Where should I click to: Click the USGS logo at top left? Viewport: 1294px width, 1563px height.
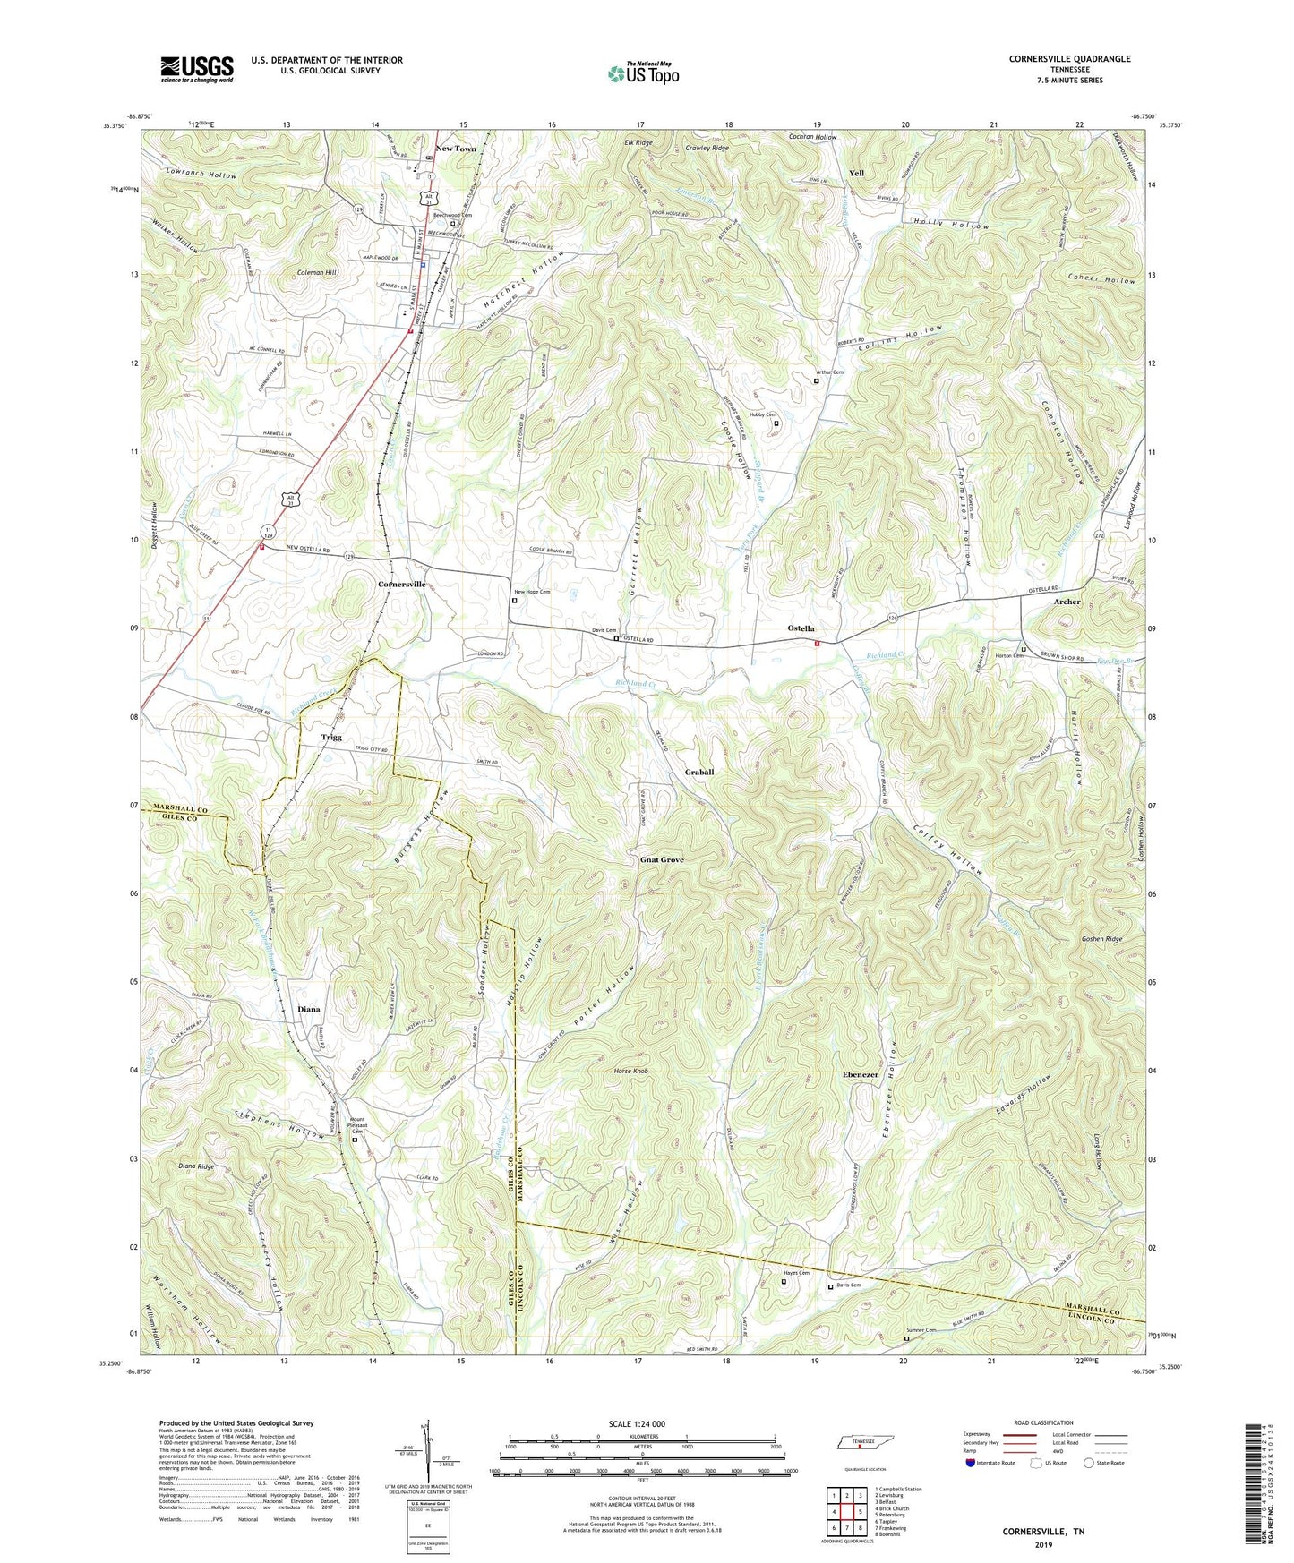point(197,69)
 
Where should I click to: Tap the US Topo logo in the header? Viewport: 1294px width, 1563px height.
point(642,73)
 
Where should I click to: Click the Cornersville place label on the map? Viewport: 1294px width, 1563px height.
point(401,584)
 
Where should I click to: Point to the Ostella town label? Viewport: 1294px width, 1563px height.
point(801,628)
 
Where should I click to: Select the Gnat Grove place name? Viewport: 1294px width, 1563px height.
point(662,859)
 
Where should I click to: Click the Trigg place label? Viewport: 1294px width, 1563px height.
point(331,738)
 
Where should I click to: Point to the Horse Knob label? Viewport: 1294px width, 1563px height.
point(630,1071)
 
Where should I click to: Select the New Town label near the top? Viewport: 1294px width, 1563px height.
point(456,149)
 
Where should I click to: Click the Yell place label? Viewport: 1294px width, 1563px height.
point(856,173)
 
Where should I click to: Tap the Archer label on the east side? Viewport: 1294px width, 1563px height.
point(1067,602)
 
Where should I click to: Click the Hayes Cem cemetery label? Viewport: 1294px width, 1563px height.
point(796,1273)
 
